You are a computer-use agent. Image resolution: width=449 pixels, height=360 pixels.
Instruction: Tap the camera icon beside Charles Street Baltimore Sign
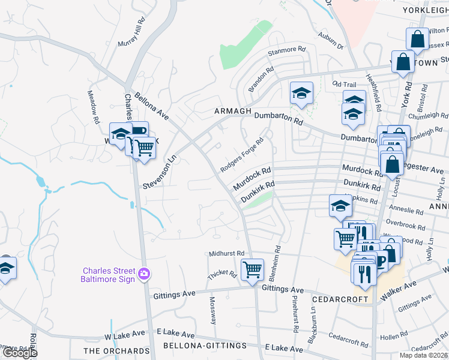143,274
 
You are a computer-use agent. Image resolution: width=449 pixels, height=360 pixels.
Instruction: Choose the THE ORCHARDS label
116,351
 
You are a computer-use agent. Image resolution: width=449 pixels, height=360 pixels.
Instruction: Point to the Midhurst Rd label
227,254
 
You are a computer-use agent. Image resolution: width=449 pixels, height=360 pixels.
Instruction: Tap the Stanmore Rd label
287,51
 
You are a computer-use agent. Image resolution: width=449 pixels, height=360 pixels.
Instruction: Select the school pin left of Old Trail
301,93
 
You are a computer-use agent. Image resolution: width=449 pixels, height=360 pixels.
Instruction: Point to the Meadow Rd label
93,107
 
